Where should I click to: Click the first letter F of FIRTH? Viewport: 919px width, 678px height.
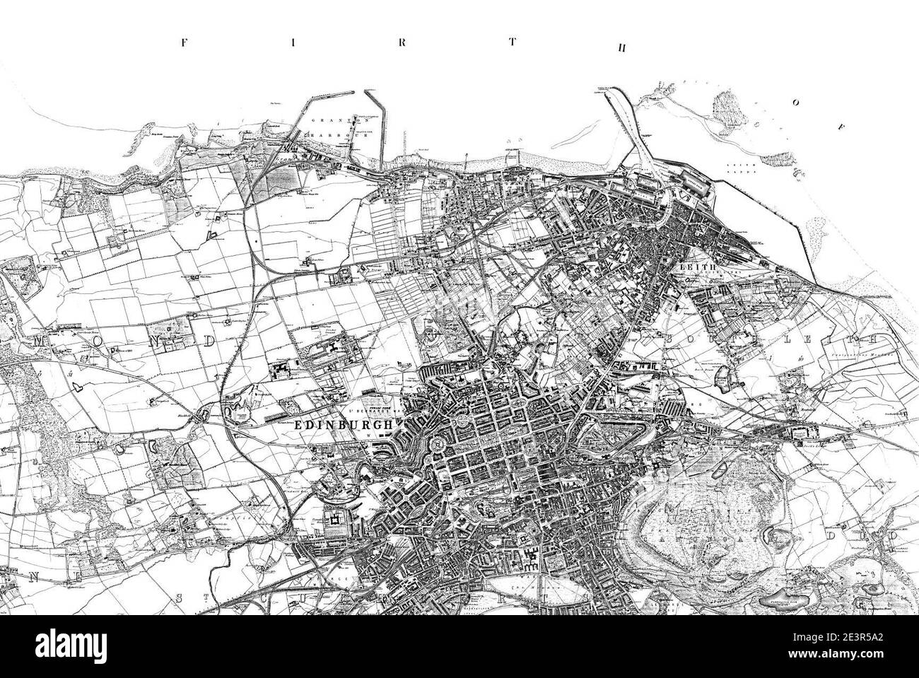pyautogui.click(x=185, y=42)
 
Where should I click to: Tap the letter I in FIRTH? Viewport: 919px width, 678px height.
pyautogui.click(x=291, y=42)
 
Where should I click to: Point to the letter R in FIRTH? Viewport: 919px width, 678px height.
pyautogui.click(x=401, y=42)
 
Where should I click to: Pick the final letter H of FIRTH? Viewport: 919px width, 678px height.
pyautogui.click(x=621, y=48)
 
